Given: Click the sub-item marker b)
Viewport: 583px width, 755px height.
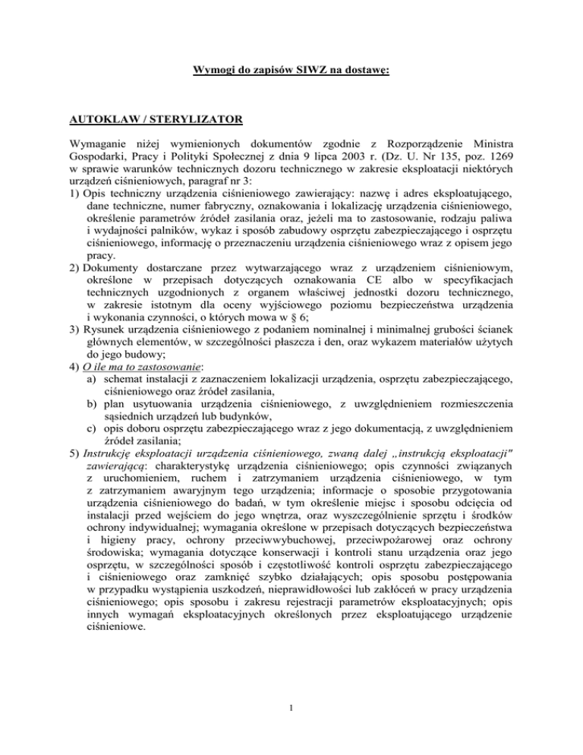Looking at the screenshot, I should coord(93,405).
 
